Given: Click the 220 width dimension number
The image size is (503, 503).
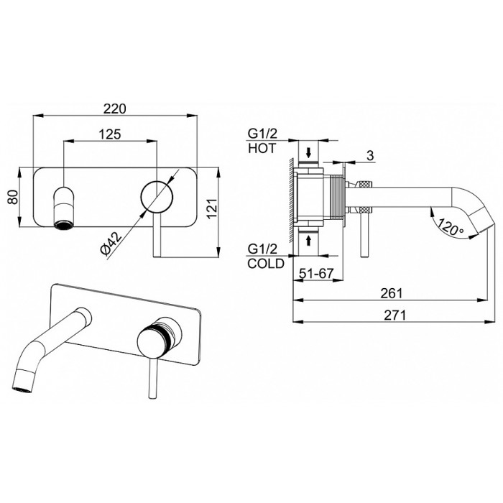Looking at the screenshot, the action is tap(115, 109).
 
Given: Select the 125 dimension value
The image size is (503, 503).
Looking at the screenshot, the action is tap(109, 134).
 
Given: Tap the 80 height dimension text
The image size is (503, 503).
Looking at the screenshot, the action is tap(13, 197).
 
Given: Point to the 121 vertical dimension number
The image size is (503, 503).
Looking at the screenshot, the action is tap(212, 209).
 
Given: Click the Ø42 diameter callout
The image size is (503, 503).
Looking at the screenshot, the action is tap(111, 243).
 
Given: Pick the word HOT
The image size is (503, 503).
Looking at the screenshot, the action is tap(262, 148).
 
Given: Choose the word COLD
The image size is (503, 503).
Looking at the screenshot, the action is tap(266, 264).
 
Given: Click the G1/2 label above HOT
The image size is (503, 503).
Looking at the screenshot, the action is tap(262, 133).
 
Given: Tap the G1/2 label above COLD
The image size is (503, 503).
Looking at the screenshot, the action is tap(262, 249).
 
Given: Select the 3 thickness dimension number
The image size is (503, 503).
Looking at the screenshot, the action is tap(370, 156).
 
